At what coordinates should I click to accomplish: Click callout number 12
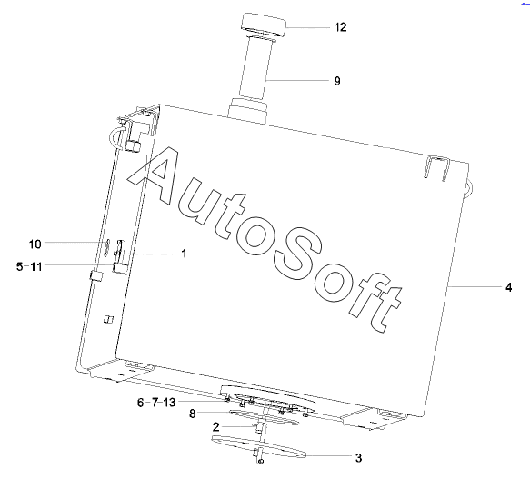[341, 26]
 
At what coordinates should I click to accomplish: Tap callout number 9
[337, 81]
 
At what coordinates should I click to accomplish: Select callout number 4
[509, 287]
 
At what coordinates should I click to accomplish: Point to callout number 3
[358, 458]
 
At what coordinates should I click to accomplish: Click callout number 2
[216, 427]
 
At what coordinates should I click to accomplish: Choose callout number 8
[193, 414]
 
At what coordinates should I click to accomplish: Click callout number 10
[35, 244]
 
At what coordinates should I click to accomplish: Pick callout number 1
[185, 254]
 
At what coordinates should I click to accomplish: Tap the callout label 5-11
[29, 266]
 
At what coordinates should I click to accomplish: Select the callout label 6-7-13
[156, 403]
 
